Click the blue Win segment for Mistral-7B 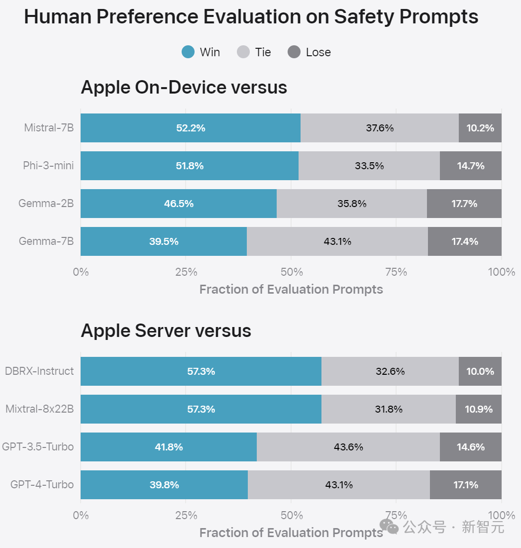pyautogui.click(x=191, y=128)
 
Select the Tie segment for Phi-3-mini pyautogui.click(x=369, y=166)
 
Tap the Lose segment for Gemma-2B pyautogui.click(x=464, y=204)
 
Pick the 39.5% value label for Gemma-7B pyautogui.click(x=164, y=241)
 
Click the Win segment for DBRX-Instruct pyautogui.click(x=201, y=371)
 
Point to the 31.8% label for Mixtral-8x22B pyautogui.click(x=389, y=409)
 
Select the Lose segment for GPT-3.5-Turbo pyautogui.click(x=471, y=447)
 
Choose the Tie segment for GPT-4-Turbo pyautogui.click(x=339, y=485)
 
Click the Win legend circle pyautogui.click(x=188, y=52)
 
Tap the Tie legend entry pyautogui.click(x=255, y=52)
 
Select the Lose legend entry pyautogui.click(x=310, y=52)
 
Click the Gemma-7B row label pyautogui.click(x=46, y=241)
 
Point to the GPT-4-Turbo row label pyautogui.click(x=42, y=485)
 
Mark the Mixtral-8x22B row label pyautogui.click(x=40, y=409)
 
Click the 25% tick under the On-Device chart pyautogui.click(x=186, y=272)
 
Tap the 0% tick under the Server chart pyautogui.click(x=81, y=515)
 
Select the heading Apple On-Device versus pyautogui.click(x=184, y=88)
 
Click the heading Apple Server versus pyautogui.click(x=166, y=331)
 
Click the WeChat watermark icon pyautogui.click(x=389, y=527)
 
